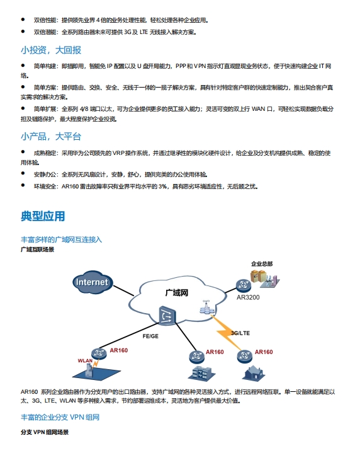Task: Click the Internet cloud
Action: click(x=92, y=282)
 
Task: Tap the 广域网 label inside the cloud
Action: click(x=177, y=293)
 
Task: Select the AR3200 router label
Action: click(x=248, y=297)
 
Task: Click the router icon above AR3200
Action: click(x=244, y=285)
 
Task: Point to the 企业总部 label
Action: click(x=262, y=264)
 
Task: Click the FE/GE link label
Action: click(x=150, y=336)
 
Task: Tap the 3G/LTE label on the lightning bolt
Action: click(x=240, y=333)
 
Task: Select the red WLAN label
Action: click(x=85, y=360)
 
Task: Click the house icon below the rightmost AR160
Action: click(x=254, y=373)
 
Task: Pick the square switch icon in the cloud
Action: click(x=167, y=316)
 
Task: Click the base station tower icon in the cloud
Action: click(x=206, y=307)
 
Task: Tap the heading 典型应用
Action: click(x=43, y=216)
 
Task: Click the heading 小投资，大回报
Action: click(x=51, y=50)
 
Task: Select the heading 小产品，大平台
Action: click(x=51, y=136)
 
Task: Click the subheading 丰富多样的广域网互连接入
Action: click(x=61, y=239)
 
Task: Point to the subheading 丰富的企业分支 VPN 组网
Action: click(x=60, y=417)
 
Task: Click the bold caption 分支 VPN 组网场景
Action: click(x=45, y=432)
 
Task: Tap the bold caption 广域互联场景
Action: click(x=37, y=249)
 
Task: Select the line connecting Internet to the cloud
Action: click(x=123, y=290)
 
